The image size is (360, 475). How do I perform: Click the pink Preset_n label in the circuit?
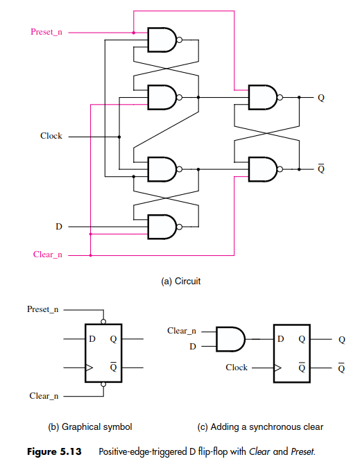46,32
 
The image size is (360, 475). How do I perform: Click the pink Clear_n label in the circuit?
48,254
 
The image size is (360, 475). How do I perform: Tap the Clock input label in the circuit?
51,136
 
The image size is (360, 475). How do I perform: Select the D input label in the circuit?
59,227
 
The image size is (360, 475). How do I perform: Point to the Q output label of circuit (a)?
321,98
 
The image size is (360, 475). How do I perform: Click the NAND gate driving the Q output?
263,97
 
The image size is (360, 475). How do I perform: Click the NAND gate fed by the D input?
162,227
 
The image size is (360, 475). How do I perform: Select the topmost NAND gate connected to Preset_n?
162,40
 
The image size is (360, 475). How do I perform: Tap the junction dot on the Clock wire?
119,137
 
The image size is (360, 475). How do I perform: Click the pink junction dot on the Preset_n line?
134,33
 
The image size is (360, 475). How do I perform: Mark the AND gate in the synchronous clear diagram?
230,339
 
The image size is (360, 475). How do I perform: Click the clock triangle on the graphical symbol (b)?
89,368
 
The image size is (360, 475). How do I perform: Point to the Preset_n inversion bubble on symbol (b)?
103,322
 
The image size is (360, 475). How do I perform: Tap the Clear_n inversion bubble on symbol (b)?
103,384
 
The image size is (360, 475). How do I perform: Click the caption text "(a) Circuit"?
181,281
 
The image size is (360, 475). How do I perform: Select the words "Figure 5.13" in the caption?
54,451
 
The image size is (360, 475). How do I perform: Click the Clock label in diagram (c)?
237,368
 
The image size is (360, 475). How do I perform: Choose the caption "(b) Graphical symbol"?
90,427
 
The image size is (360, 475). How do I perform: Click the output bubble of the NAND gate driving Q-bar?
280,169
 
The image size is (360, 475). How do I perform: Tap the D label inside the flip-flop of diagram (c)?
281,338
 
